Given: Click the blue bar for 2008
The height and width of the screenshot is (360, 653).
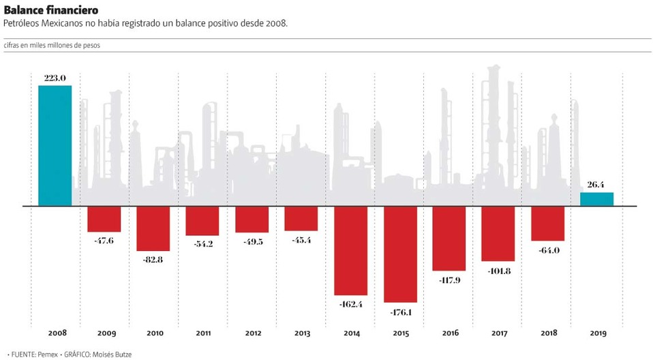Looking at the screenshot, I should coord(55,145).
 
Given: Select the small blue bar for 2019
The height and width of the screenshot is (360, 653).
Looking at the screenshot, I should coord(596,198).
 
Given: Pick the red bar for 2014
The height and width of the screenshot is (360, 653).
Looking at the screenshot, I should coord(350,250).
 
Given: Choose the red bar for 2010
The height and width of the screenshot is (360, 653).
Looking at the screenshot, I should coord(153,228).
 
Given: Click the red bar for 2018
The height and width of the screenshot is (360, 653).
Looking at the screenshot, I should coord(547,223).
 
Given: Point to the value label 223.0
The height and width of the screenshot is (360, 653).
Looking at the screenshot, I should coord(55,78).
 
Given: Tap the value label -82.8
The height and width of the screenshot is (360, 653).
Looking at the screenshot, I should coord(153,260).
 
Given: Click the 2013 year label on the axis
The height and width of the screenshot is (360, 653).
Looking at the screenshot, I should coord(301,333).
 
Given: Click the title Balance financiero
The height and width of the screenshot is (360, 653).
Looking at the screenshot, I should coord(50,10).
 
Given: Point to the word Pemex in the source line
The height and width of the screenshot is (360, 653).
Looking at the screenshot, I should coord(47,354).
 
